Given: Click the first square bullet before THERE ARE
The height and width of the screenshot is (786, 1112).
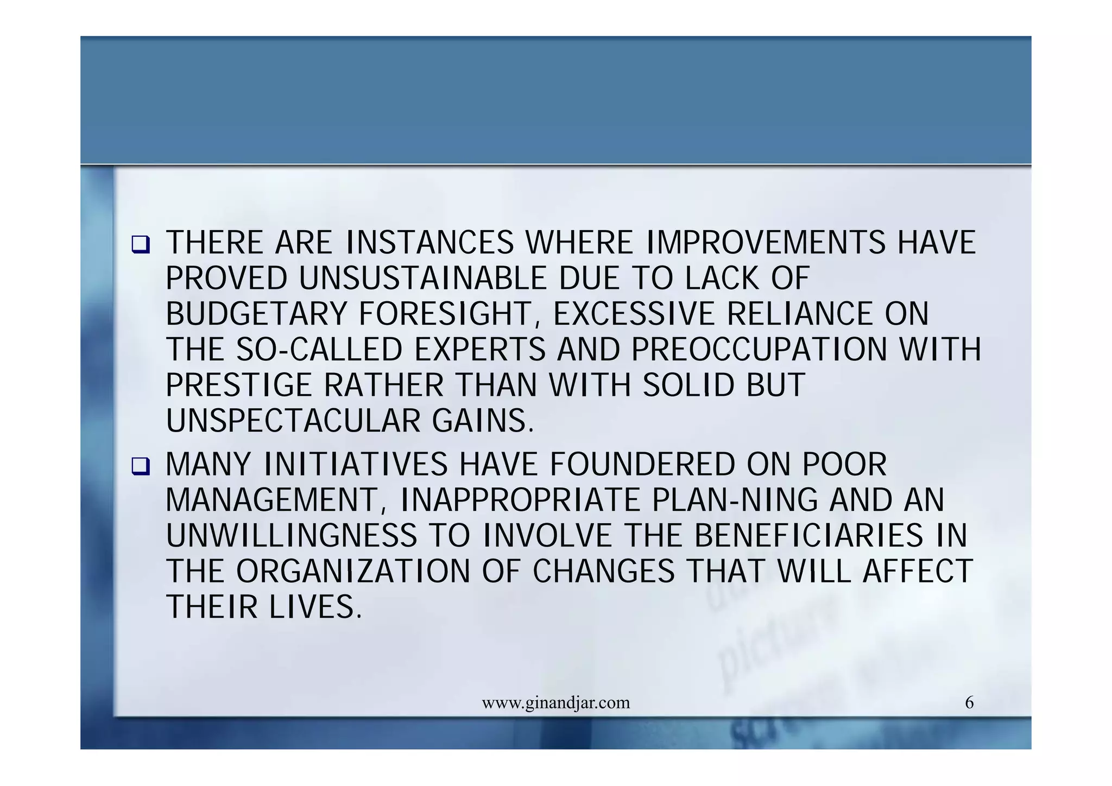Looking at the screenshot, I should click(140, 245).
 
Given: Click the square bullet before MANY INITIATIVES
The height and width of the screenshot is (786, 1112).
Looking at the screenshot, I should click(140, 467).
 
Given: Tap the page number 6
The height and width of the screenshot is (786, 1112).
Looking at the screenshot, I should click(969, 702).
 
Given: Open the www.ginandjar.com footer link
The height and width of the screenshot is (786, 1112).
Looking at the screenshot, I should click(556, 703).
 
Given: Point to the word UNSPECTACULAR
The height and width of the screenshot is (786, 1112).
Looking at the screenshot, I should click(293, 421).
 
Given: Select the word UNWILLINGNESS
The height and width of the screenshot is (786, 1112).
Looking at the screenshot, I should click(291, 536).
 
